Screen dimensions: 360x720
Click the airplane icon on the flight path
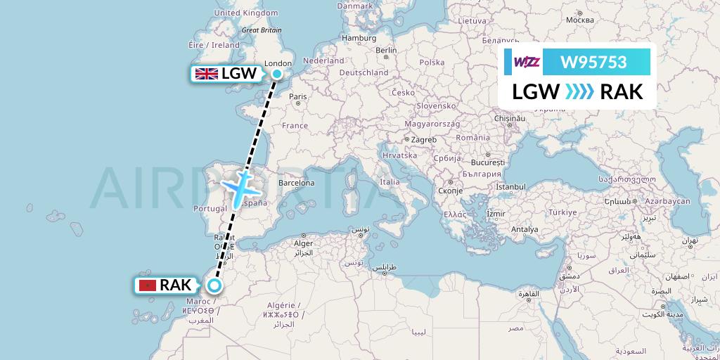coord(241,186)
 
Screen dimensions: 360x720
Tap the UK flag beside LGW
coord(206,74)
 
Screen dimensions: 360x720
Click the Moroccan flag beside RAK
coord(148,285)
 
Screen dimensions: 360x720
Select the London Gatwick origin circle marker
coord(277,74)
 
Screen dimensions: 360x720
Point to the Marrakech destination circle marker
coord(214,285)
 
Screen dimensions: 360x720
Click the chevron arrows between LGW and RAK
coord(580,92)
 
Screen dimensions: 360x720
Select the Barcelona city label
coord(296,183)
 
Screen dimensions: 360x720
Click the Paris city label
coord(299,96)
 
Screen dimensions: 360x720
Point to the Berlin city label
coord(387,51)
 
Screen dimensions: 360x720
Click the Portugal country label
coord(209,209)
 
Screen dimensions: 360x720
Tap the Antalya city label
coord(525,229)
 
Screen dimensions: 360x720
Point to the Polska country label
coord(432,63)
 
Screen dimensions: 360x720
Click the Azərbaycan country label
coord(669,201)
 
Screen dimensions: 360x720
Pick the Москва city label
coord(580,19)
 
